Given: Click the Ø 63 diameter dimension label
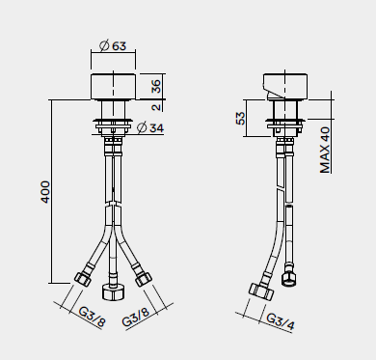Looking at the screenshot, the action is (113, 46).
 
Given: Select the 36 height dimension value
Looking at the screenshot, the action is (156, 86).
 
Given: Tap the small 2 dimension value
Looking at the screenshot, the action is (156, 107).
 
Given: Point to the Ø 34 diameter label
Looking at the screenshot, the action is (150, 127).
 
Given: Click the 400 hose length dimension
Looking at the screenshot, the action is (45, 192).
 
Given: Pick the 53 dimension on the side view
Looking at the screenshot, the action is (240, 118).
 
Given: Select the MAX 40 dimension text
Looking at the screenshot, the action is (325, 150).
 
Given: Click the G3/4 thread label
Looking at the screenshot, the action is (281, 321).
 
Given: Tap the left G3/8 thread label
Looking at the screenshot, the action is (92, 318).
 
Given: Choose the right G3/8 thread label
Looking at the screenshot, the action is (136, 318).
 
